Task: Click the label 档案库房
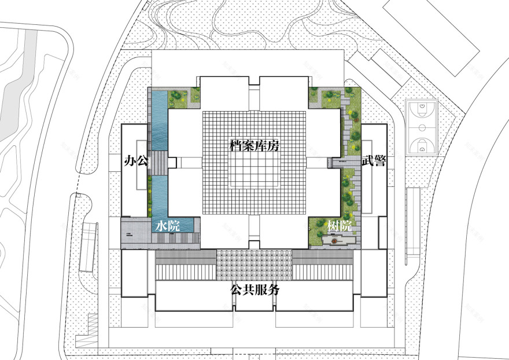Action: pyautogui.click(x=254, y=146)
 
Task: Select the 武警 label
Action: pyautogui.click(x=373, y=161)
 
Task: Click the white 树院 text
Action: pyautogui.click(x=340, y=226)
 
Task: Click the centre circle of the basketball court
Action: pyautogui.click(x=422, y=127)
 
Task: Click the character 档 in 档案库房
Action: pyautogui.click(x=237, y=146)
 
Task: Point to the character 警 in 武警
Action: pyautogui.click(x=379, y=161)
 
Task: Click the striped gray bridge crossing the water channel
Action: pyautogui.click(x=157, y=163)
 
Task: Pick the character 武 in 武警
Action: pyautogui.click(x=367, y=161)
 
